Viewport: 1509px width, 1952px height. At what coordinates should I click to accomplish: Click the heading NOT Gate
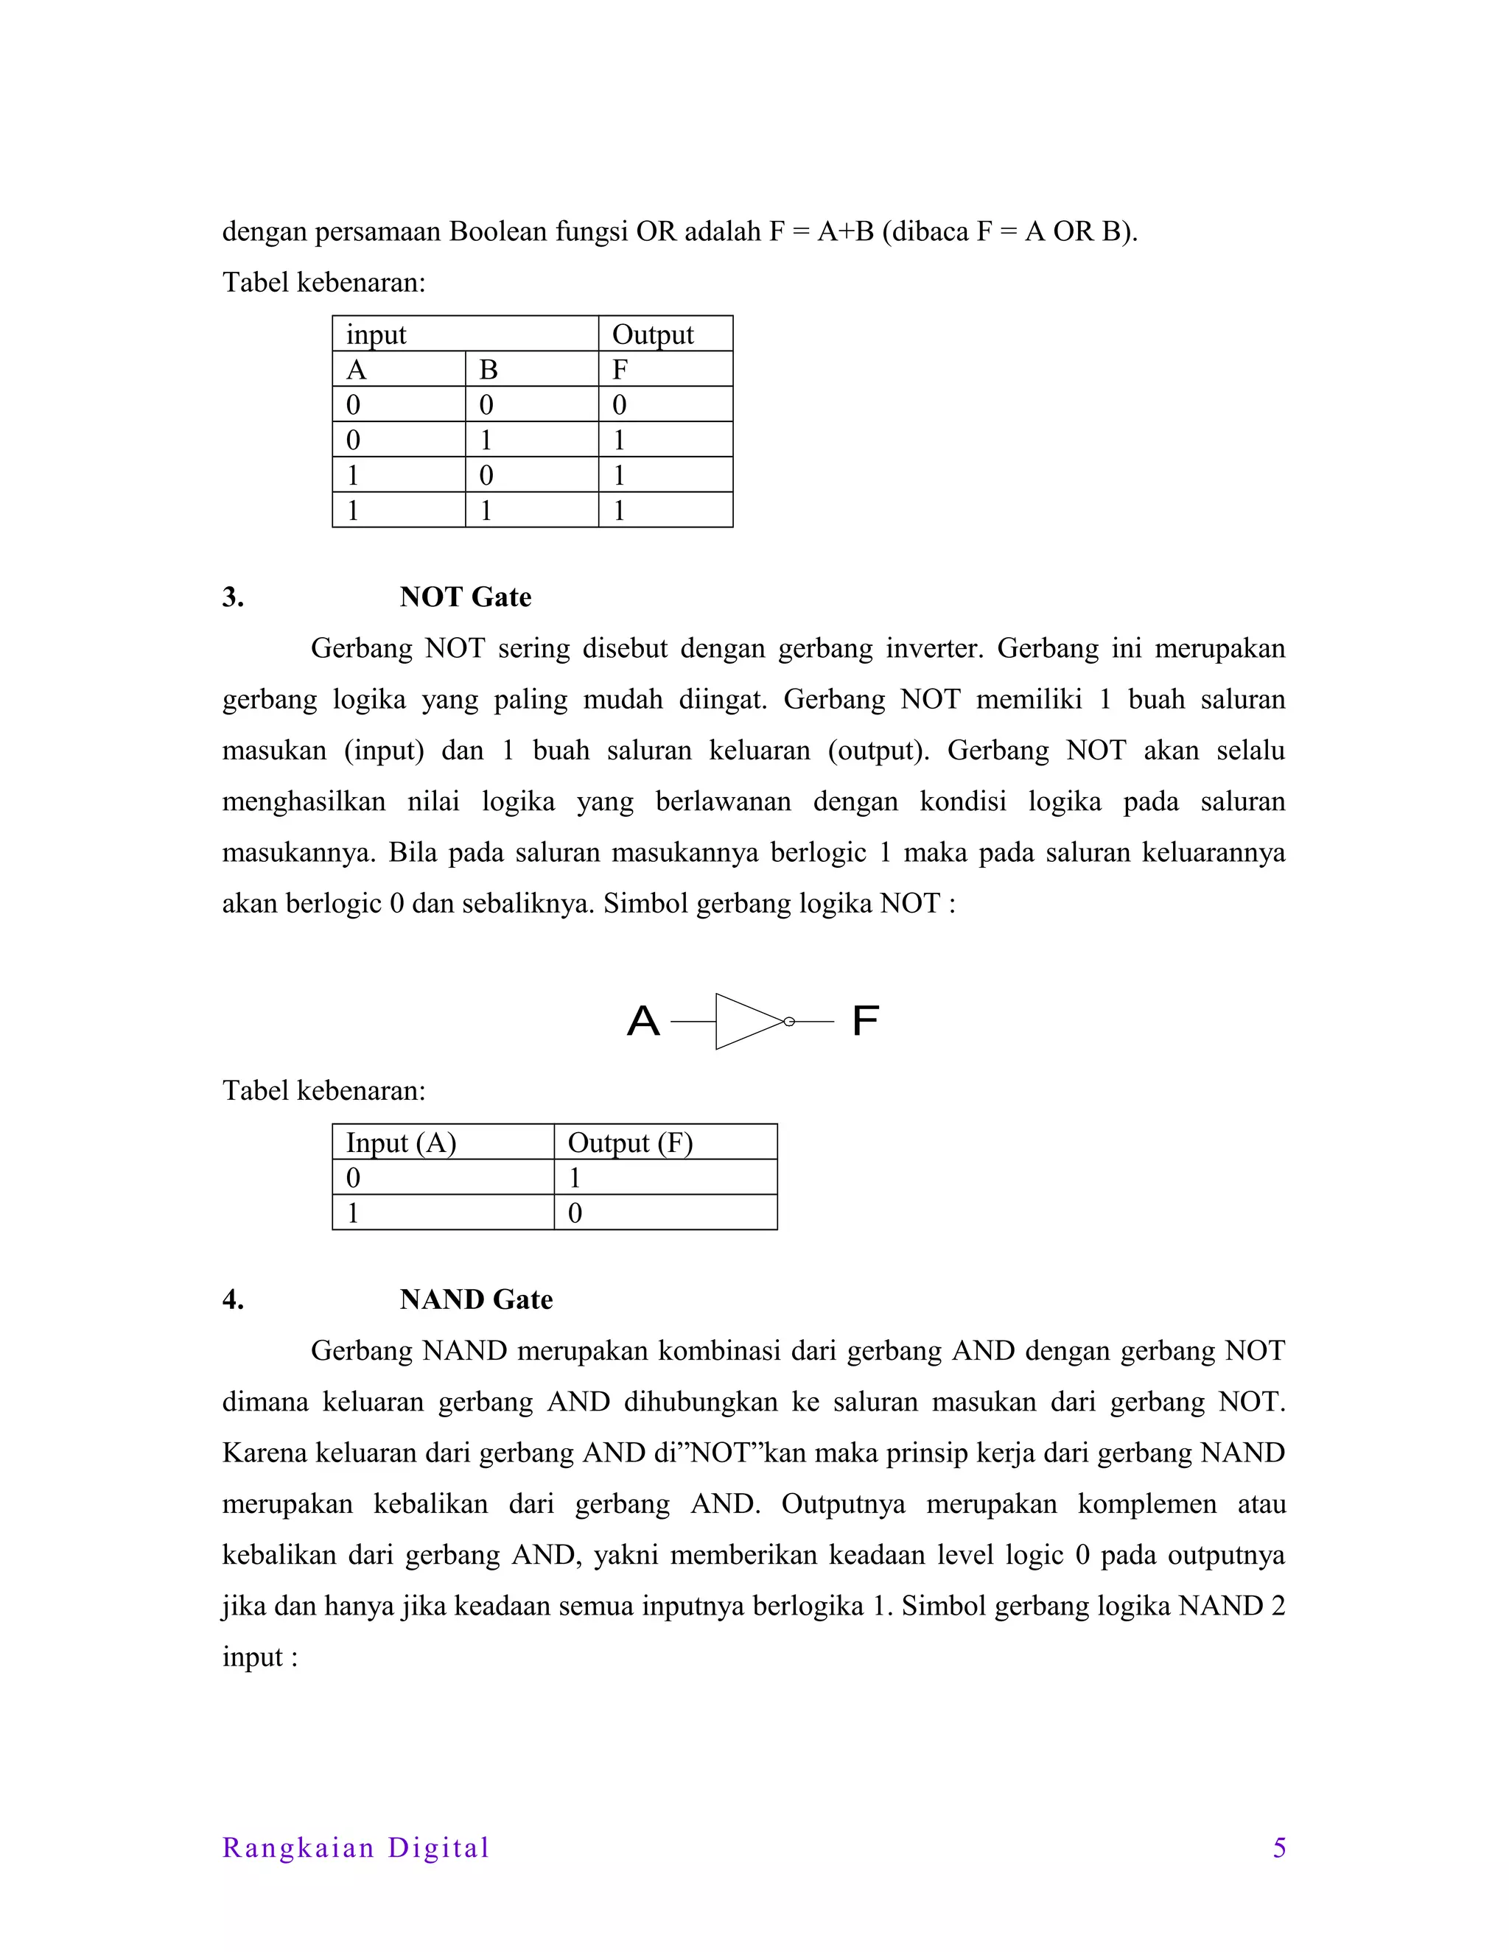pyautogui.click(x=465, y=597)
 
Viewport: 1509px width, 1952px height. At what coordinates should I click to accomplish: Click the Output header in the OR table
pyautogui.click(x=653, y=334)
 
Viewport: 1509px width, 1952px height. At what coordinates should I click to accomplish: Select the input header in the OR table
pyautogui.click(x=377, y=334)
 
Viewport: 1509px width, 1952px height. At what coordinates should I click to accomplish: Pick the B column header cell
pyautogui.click(x=488, y=369)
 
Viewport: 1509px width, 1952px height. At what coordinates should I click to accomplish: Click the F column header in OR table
pyautogui.click(x=620, y=369)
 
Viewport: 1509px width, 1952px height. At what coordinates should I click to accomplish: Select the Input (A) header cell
pyautogui.click(x=401, y=1143)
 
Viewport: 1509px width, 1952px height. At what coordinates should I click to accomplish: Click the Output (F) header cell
pyautogui.click(x=630, y=1143)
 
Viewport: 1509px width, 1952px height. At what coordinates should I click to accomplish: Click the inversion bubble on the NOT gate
pyautogui.click(x=788, y=1022)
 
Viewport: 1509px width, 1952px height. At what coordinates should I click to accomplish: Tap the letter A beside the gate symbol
pyautogui.click(x=643, y=1021)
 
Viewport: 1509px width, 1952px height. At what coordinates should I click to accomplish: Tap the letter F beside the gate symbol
pyautogui.click(x=864, y=1021)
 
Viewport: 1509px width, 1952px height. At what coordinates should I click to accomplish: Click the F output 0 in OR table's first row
pyautogui.click(x=620, y=405)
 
